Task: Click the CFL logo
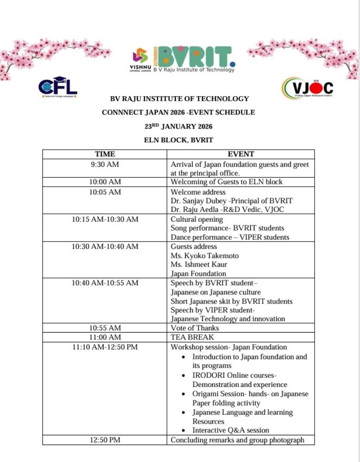pyautogui.click(x=57, y=87)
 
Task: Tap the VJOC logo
pyautogui.click(x=307, y=88)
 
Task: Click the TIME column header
pyautogui.click(x=105, y=154)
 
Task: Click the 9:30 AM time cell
pyautogui.click(x=105, y=165)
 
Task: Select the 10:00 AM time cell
pyautogui.click(x=105, y=182)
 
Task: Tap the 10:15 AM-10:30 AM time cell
pyautogui.click(x=105, y=219)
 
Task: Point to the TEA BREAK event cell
pyautogui.click(x=192, y=337)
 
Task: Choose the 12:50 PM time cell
pyautogui.click(x=105, y=440)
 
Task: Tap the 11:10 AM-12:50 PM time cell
pyautogui.click(x=105, y=347)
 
